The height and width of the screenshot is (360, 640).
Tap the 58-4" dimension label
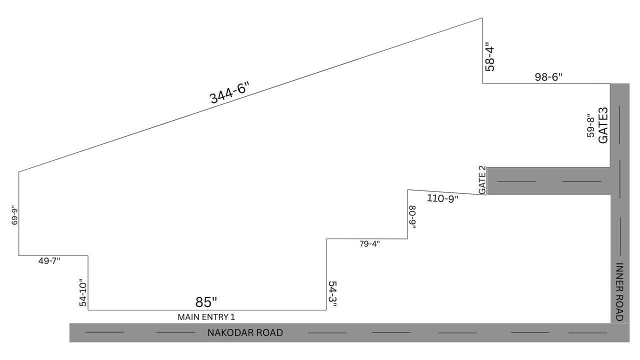[490, 58]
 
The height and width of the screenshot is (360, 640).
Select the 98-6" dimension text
[548, 77]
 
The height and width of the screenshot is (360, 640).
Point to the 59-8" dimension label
[591, 125]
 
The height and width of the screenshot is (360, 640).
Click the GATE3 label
[603, 125]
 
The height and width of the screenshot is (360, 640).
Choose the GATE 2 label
[482, 180]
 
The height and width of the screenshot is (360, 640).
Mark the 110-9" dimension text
[442, 198]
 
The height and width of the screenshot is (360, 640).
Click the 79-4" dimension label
[369, 244]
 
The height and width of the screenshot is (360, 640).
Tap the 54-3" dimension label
[332, 294]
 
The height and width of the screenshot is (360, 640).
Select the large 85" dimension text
[206, 302]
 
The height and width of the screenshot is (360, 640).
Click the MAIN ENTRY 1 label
[206, 317]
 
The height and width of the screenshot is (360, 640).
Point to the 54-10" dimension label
[83, 292]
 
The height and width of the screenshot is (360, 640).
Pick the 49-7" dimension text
[49, 260]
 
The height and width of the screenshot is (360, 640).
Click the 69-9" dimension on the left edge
[14, 214]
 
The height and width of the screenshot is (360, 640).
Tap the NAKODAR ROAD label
[245, 332]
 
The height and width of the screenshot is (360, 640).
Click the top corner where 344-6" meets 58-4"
[482, 18]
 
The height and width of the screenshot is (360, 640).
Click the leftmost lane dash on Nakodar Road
[104, 332]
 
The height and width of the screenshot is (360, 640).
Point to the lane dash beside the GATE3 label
[620, 124]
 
